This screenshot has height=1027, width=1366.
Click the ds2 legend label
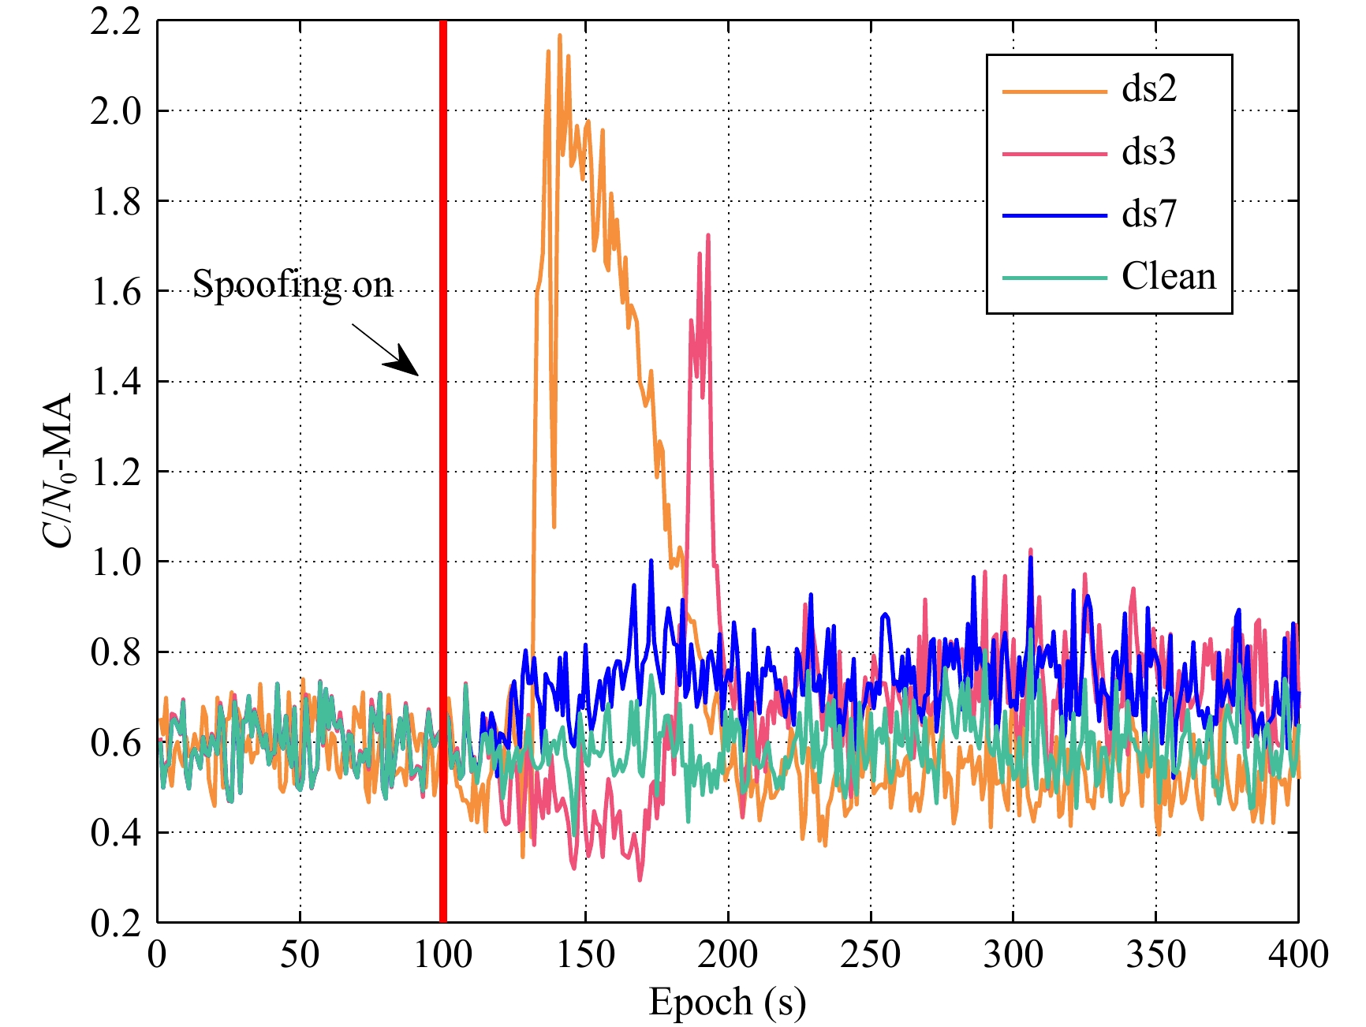pos(1149,89)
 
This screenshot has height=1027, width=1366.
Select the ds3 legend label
pos(1149,151)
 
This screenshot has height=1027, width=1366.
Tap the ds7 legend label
pos(1149,214)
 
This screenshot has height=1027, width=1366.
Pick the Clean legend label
pos(1169,277)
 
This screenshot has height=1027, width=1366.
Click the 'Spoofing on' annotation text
pos(293,284)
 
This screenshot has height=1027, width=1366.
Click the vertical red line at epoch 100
pos(443,473)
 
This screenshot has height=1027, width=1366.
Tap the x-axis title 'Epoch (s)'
pos(727,1003)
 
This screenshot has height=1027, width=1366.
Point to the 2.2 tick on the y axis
pos(115,22)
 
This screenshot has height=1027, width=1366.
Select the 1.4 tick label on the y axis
pos(115,383)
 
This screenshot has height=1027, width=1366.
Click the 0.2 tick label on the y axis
pos(115,923)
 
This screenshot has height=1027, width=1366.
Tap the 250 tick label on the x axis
pos(871,955)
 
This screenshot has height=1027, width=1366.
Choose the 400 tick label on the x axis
pos(1298,955)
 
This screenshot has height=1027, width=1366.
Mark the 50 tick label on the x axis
pos(300,955)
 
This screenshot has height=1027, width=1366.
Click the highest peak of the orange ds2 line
pos(559,35)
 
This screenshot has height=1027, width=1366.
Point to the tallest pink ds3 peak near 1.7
pos(708,235)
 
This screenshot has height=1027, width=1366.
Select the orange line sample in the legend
pos(1054,91)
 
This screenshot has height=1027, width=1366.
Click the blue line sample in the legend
pos(1054,216)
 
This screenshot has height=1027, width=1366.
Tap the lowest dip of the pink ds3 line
pos(640,879)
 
